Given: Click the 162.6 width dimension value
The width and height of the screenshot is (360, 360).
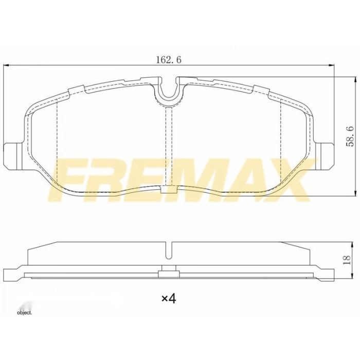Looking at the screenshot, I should pos(169,60).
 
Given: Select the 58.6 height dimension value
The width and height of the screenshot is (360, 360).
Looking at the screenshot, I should pos(349,136).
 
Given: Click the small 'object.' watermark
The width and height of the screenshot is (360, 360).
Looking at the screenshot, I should pos(24,312).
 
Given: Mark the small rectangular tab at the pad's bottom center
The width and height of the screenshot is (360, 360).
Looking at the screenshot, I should pos(168,191).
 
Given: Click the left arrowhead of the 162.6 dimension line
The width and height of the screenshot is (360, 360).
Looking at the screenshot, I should pos(6,65).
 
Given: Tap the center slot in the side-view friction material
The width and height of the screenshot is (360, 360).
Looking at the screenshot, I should pos(168,249).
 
